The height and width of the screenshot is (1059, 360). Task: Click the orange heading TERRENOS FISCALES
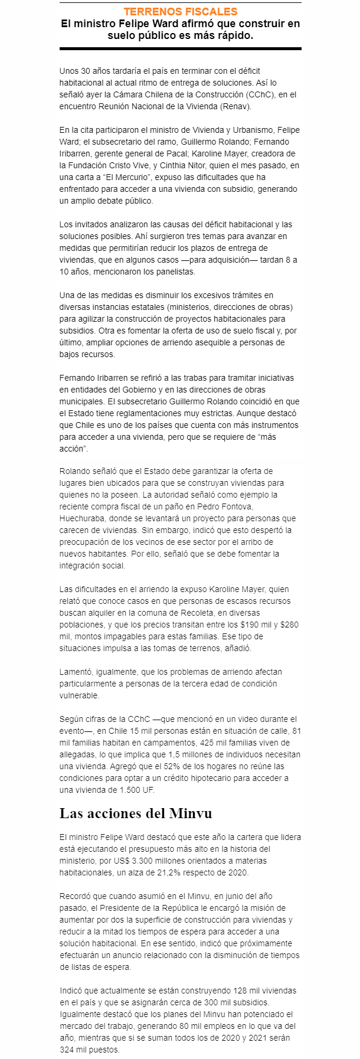click(x=181, y=12)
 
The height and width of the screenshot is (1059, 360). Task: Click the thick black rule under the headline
click(x=181, y=49)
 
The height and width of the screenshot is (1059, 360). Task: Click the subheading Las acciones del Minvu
click(x=136, y=813)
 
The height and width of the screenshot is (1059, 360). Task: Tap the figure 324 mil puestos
click(x=89, y=1050)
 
